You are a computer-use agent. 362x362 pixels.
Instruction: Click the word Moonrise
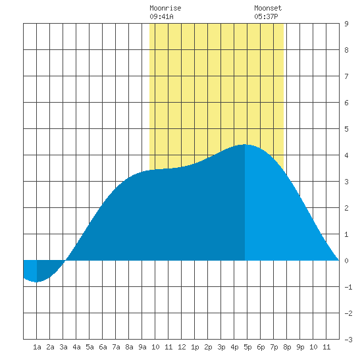coord(165,8)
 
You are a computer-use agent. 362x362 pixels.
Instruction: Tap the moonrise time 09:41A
coord(161,16)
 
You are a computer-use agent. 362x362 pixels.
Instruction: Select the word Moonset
coord(268,8)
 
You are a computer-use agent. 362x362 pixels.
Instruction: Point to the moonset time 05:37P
coord(266,16)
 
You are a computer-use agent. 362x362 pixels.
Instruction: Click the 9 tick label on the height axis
coord(346,24)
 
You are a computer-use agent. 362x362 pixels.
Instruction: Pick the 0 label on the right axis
coord(346,261)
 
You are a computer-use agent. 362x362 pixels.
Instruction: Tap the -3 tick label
coord(348,340)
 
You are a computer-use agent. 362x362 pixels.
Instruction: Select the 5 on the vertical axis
coord(346,129)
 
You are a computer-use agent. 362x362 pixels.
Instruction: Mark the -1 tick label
coord(348,287)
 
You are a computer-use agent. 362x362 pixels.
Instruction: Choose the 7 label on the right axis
coord(346,76)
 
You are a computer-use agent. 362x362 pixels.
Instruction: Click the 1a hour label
coord(37,347)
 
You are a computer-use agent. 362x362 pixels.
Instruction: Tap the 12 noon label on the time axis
coord(182,347)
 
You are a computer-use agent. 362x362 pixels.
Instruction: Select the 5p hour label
coord(247,347)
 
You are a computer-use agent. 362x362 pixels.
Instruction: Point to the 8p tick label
coord(287,347)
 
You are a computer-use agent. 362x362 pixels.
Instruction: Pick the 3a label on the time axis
coord(63,347)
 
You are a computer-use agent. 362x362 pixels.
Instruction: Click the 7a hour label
coord(116,347)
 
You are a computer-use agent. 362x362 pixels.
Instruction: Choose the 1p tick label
coord(195,347)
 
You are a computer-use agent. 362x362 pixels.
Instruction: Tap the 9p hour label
coord(300,347)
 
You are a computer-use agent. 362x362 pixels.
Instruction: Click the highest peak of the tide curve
coord(245,145)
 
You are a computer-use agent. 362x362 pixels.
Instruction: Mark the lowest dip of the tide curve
coord(36,282)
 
